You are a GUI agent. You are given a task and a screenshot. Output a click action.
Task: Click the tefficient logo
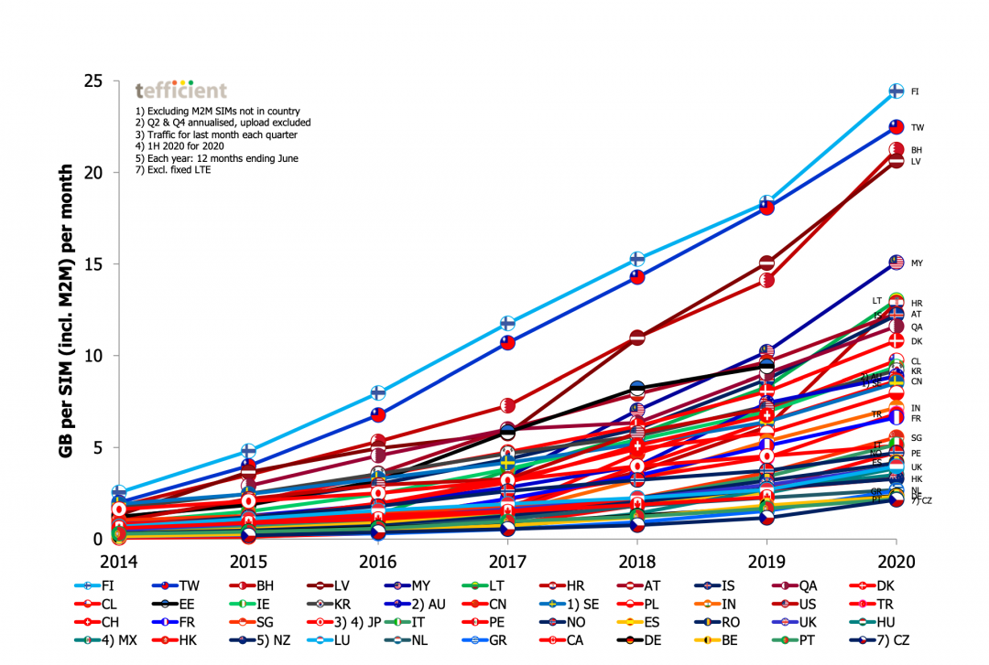pos(180,90)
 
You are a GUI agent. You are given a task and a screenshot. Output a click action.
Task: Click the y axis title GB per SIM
pos(66,312)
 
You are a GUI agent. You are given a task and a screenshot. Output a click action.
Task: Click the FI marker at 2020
pos(897,91)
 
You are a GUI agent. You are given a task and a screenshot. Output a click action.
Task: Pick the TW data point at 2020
pos(897,128)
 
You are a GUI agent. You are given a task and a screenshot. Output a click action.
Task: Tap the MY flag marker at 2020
pos(897,263)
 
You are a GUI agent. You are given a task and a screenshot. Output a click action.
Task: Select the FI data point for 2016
pos(377,392)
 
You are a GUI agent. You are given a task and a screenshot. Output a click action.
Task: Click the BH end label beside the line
pos(917,150)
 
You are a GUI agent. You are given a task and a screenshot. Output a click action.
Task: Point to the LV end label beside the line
pos(916,162)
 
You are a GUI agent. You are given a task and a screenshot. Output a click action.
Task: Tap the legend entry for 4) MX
pos(110,640)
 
